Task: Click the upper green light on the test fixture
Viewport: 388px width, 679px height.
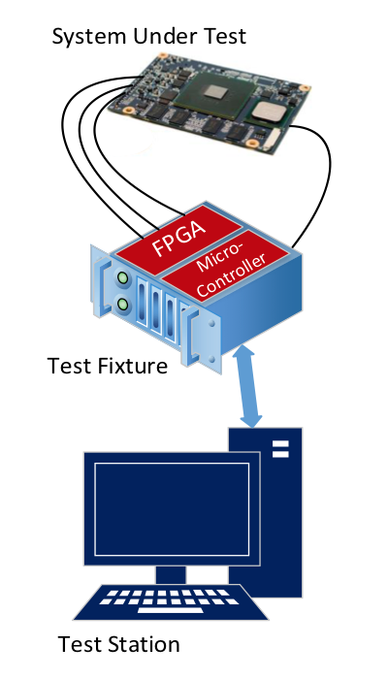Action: (x=123, y=277)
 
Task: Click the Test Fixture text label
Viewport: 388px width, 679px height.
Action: (x=108, y=366)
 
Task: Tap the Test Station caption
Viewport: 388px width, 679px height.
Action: (x=118, y=644)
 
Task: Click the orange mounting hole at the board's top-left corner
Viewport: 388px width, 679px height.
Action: (x=162, y=55)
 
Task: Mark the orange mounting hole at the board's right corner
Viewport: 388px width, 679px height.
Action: (x=305, y=88)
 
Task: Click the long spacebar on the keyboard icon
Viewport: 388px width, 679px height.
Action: (x=171, y=610)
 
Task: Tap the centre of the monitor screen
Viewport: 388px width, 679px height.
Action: (x=172, y=509)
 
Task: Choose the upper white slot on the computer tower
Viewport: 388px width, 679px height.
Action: (x=280, y=444)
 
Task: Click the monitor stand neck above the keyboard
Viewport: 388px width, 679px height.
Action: (x=171, y=574)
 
